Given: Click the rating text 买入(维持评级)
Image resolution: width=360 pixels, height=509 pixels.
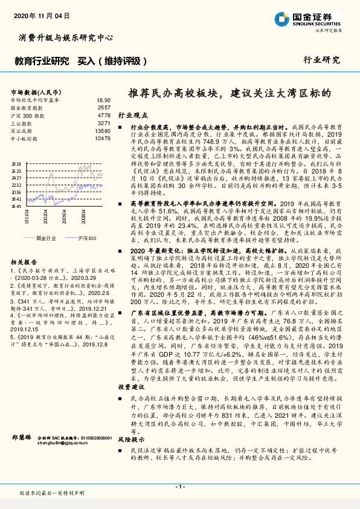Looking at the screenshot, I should pos(112,60).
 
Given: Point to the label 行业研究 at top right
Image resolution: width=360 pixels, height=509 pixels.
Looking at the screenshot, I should pos(322,60).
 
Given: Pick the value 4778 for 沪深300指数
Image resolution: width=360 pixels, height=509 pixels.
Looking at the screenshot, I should pos(103,114).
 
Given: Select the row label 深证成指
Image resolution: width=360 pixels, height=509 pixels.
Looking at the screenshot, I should pos(22,130).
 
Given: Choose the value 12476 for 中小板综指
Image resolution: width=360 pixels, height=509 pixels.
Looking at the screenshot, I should pos(101,138).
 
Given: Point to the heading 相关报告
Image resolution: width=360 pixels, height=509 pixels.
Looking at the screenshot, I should pos(24,261).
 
